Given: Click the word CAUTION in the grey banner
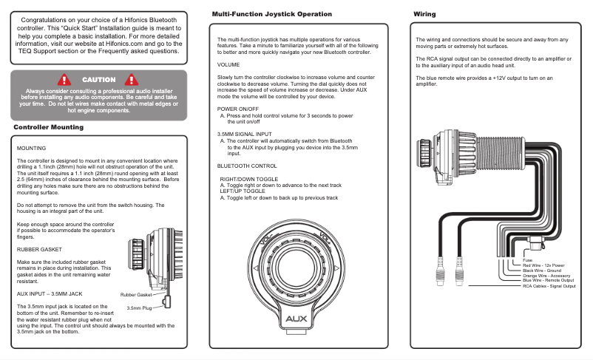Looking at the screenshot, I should pyautogui.click(x=98, y=79).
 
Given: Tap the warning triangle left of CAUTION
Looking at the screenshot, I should pyautogui.click(x=64, y=79).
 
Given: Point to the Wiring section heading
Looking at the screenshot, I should pyautogui.click(x=424, y=14).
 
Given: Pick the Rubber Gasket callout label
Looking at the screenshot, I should pyautogui.click(x=136, y=295).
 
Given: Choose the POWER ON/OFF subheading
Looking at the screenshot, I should pyautogui.click(x=237, y=108).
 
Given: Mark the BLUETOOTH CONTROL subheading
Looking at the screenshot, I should pyautogui.click(x=247, y=166).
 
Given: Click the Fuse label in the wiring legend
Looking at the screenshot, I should pyautogui.click(x=527, y=259).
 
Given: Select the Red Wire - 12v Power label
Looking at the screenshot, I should pyautogui.click(x=543, y=265).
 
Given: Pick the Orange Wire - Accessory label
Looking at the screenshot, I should pyautogui.click(x=546, y=275).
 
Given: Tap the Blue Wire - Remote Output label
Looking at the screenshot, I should pyautogui.click(x=548, y=280).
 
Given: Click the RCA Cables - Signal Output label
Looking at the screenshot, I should pyautogui.click(x=549, y=285).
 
